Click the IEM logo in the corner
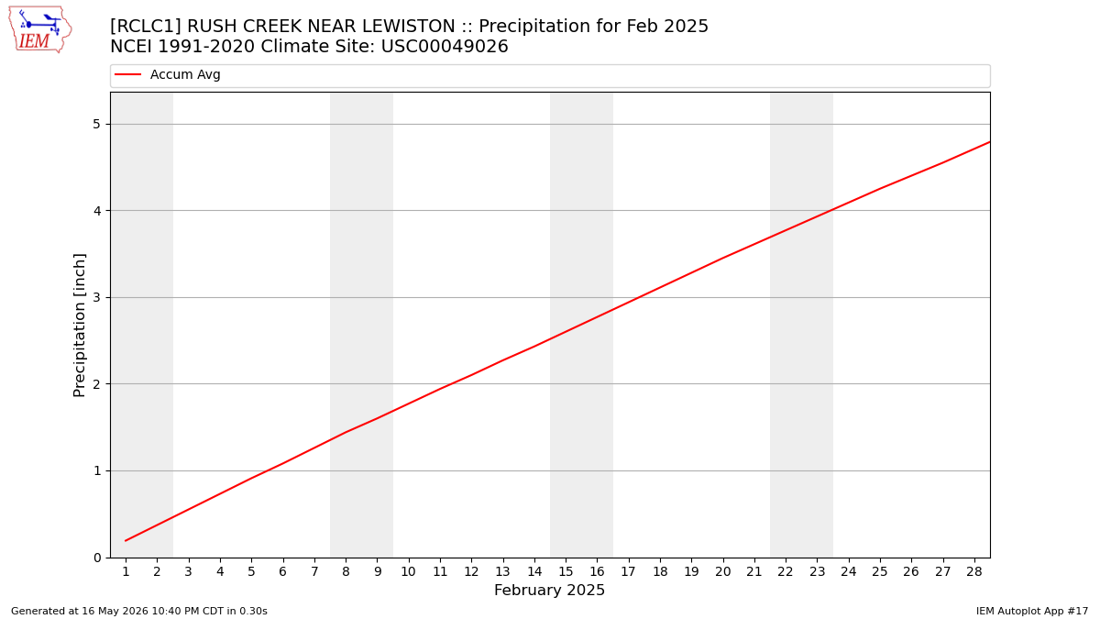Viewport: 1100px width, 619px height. pos(40,29)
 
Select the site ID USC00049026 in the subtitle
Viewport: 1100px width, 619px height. pos(445,47)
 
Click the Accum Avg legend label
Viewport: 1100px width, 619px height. pos(185,74)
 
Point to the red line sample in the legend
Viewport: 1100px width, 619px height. pos(127,74)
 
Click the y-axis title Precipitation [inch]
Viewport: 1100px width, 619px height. pos(79,326)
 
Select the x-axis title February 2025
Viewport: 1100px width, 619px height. pos(549,590)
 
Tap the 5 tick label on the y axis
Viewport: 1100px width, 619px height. pos(96,125)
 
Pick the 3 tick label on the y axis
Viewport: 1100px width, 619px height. pos(96,297)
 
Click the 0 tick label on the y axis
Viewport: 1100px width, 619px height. pos(97,558)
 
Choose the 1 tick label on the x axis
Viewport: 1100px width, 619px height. pos(126,572)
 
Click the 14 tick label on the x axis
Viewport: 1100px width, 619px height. pos(534,572)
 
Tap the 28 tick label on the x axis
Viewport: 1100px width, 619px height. pos(974,572)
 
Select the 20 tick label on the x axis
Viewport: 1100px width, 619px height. pos(723,572)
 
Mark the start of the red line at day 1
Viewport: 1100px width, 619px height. pos(126,541)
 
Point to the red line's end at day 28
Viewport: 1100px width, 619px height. pos(989,142)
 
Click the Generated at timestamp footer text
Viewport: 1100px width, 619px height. pos(139,611)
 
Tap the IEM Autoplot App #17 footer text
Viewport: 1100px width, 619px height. pos(1032,611)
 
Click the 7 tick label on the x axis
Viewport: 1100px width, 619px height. pos(314,572)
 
